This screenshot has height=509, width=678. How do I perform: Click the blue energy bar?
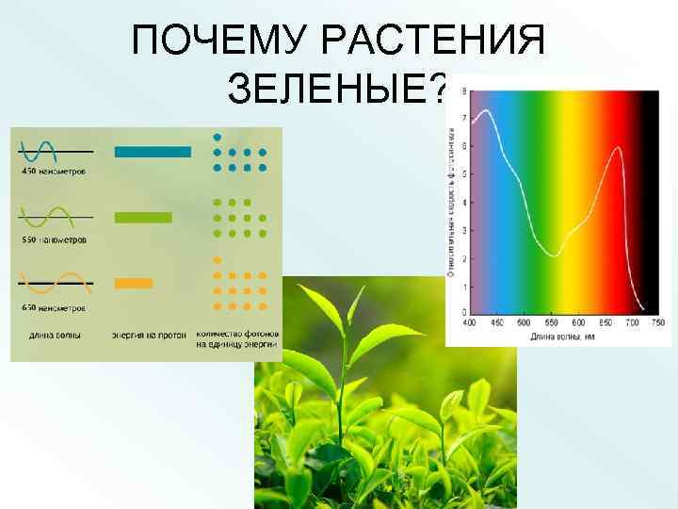152,152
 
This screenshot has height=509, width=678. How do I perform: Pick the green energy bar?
143,218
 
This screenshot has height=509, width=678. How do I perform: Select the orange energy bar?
133,283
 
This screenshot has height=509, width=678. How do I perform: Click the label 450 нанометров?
55,172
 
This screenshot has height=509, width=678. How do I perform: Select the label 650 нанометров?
54,307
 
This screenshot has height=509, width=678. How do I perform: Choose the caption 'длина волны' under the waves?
55,334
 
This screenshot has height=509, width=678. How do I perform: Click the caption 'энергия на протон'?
151,334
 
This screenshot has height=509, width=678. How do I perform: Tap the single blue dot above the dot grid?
218,136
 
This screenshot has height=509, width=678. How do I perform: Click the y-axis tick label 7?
462,119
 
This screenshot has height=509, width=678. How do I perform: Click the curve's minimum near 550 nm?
556,255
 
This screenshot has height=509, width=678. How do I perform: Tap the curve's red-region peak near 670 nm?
618,147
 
